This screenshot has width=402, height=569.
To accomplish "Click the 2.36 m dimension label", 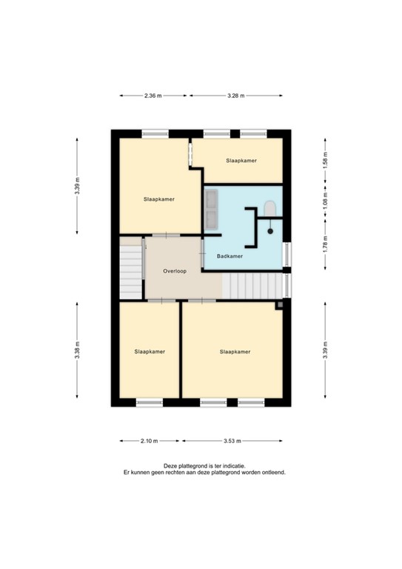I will (153, 96).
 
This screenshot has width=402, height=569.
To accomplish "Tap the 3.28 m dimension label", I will (235, 96).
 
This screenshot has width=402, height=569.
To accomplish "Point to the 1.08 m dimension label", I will (325, 202).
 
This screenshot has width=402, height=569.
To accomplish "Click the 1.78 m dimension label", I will (325, 242).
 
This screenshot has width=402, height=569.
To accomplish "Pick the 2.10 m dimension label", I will (149, 441).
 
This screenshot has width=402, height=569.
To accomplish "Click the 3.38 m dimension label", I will (77, 353).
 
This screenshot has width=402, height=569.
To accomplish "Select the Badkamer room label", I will (230, 256).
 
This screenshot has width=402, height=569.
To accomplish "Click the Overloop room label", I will (175, 271).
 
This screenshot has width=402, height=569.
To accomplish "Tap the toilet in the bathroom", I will (269, 209).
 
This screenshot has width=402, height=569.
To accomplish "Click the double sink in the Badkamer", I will (212, 209).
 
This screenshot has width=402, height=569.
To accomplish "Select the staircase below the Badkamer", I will (251, 284).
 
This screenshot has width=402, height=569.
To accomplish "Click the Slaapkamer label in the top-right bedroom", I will (242, 160).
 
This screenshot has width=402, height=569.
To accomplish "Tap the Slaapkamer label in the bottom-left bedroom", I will (150, 351).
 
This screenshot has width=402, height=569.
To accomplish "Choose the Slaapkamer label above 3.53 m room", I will (235, 351).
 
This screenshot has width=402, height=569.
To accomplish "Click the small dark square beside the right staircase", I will (280, 305).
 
